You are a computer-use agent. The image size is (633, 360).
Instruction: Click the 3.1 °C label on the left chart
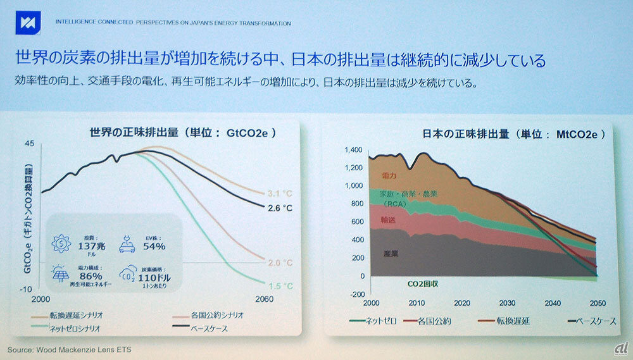tap(279, 192)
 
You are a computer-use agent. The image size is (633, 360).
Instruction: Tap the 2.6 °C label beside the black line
tap(279, 208)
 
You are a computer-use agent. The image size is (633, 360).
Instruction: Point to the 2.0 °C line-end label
tap(279, 263)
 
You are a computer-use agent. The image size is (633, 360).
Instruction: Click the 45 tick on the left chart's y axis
tap(29, 144)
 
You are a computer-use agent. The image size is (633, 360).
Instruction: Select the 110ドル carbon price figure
tap(154, 276)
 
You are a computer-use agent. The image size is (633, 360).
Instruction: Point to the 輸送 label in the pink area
tap(388, 220)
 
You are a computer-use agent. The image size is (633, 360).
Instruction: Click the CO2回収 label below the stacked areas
tap(423, 284)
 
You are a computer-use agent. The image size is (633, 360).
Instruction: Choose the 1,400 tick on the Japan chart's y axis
tap(353, 150)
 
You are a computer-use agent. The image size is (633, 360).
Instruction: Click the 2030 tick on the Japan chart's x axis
tap(506, 302)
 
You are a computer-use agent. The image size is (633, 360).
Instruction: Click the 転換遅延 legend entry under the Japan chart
tap(513, 321)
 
